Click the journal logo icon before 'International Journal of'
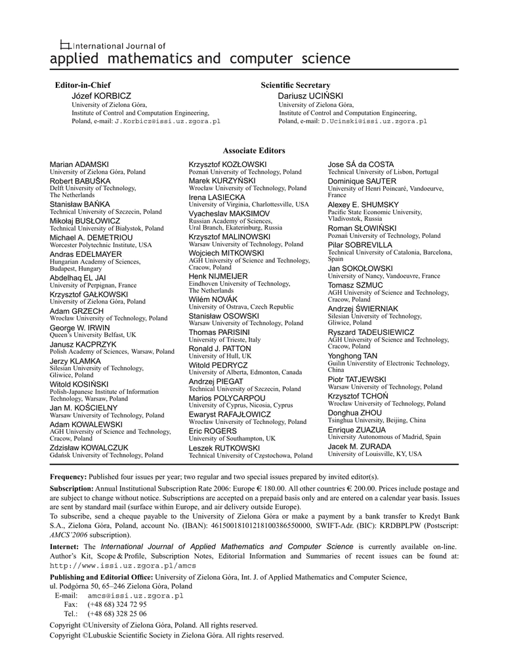[65, 45]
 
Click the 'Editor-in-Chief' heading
[82, 85]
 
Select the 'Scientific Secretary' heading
[295, 85]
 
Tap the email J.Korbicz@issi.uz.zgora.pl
[167, 121]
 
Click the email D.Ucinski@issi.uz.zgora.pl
[374, 121]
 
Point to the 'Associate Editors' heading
[254, 151]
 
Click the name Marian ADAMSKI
[79, 164]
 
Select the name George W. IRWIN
[80, 327]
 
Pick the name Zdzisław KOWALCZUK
[89, 448]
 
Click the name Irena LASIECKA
[217, 197]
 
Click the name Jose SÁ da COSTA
[361, 164]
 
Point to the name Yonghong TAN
[353, 356]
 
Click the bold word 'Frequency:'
[68, 476]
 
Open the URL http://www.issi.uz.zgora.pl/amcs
[123, 566]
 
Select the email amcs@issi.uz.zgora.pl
[135, 596]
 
